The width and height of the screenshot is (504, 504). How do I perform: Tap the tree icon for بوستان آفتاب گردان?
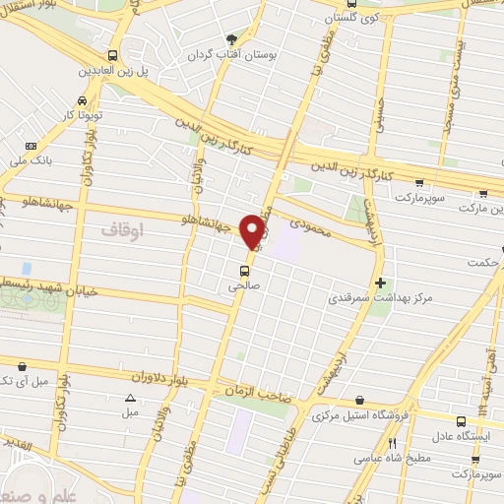tap(231, 40)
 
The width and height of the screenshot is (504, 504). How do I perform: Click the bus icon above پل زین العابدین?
tap(112, 56)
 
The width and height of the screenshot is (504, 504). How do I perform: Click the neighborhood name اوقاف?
tap(122, 228)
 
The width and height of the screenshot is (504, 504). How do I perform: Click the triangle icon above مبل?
tap(130, 399)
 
